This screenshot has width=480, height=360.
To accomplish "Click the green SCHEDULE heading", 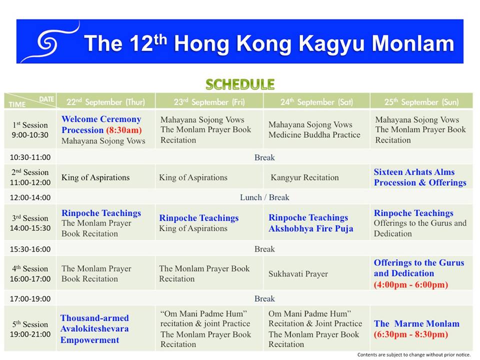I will [240, 84].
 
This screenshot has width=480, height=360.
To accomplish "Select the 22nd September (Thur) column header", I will [105, 102].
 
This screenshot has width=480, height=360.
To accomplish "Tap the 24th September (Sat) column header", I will [316, 102].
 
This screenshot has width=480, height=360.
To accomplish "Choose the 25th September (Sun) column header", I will [421, 102].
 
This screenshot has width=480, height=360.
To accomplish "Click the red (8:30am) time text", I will [124, 130].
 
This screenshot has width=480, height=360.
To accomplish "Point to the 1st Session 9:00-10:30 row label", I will [30, 130].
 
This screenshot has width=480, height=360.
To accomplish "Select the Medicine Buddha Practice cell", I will [314, 135].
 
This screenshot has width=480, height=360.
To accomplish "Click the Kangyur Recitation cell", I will [304, 177].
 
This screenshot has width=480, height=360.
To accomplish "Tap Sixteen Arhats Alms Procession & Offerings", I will [420, 177].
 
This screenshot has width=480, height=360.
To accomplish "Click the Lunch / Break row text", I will [264, 197].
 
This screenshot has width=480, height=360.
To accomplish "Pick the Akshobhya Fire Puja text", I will [310, 228].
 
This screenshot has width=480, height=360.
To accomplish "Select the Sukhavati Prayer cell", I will [298, 274].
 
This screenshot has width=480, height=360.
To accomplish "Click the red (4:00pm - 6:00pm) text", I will [411, 284].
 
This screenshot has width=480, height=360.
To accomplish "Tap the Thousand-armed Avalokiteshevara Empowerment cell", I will [94, 329].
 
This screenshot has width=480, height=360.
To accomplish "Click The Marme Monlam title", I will [416, 323].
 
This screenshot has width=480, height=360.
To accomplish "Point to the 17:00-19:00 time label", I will [30, 299].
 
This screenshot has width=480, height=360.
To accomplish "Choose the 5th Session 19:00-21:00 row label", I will [30, 329].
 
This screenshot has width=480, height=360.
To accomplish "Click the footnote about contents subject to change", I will [414, 354].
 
